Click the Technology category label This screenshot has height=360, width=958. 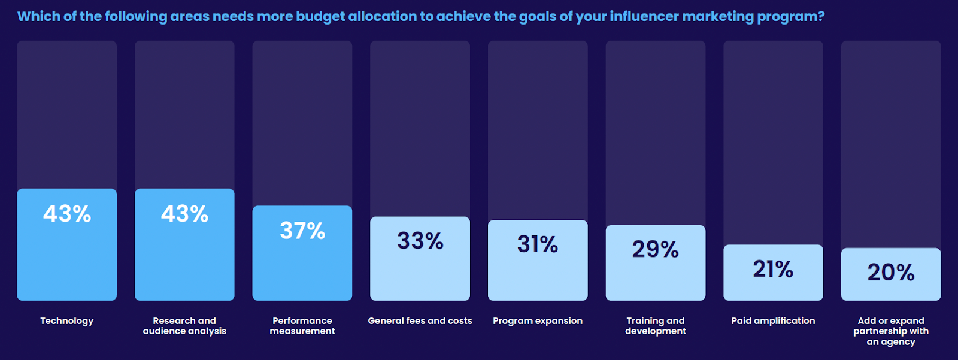(x=67, y=321)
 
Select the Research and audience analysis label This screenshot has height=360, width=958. (x=184, y=326)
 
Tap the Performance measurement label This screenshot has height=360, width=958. (x=302, y=326)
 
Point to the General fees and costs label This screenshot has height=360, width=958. (x=420, y=321)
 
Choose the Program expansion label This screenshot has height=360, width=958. (x=538, y=321)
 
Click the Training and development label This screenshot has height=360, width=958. (x=656, y=326)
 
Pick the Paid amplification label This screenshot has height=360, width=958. (x=773, y=321)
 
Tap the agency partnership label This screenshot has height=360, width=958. (x=891, y=331)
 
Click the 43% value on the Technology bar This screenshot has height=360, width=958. (x=67, y=214)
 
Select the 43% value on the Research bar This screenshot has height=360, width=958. (x=184, y=214)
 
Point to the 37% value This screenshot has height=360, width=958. (x=302, y=231)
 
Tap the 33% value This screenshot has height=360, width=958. (x=420, y=241)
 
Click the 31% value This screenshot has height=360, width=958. (x=538, y=244)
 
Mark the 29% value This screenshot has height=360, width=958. (x=656, y=249)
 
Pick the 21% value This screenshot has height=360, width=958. (x=773, y=269)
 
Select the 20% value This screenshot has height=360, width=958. (x=891, y=273)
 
